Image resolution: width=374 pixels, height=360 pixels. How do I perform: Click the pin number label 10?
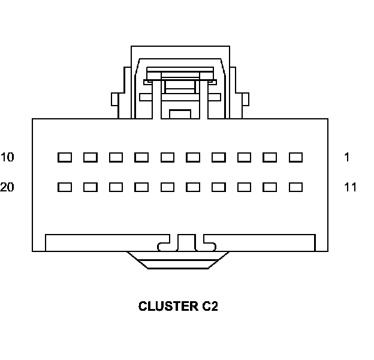click(x=7, y=158)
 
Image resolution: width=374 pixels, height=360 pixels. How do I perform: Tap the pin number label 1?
click(x=347, y=158)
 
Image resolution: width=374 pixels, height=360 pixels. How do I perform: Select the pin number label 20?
click(x=7, y=187)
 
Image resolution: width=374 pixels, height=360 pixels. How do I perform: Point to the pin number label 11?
click(x=350, y=187)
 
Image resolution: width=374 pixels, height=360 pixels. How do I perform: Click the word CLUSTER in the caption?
click(x=165, y=307)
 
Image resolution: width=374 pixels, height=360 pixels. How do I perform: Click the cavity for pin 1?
click(x=295, y=158)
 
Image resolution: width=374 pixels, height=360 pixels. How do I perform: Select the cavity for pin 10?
click(x=64, y=158)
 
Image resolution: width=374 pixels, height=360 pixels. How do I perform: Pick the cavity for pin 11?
click(x=295, y=187)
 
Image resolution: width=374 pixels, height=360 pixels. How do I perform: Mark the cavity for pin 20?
click(x=64, y=187)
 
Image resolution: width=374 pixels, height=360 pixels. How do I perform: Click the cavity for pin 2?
click(x=270, y=158)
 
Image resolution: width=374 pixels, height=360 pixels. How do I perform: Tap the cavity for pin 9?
click(x=90, y=158)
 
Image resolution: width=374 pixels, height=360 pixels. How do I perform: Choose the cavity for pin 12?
click(x=270, y=187)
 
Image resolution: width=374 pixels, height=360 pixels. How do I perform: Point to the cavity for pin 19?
click(x=90, y=187)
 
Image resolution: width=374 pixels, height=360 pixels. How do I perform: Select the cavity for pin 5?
click(x=193, y=158)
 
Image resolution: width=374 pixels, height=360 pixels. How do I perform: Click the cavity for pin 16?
click(x=167, y=187)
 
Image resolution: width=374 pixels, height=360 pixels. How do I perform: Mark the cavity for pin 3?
click(x=244, y=158)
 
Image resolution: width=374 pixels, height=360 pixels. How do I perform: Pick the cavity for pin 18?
click(x=116, y=187)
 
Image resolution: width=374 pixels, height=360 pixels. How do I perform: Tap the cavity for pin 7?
click(x=141, y=158)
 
